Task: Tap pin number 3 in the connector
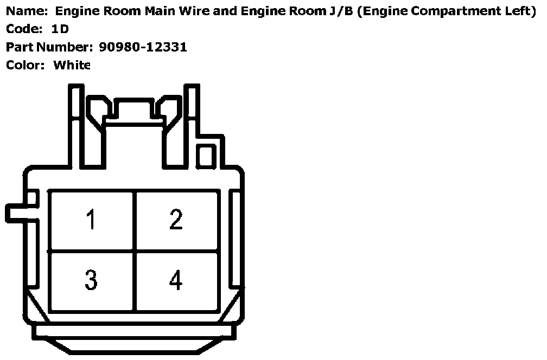pos(91,280)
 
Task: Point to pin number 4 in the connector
pos(176,280)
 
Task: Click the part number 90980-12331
pos(143,47)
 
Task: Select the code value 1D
pos(60,29)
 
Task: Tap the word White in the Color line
pos(72,65)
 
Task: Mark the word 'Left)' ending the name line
pos(521,11)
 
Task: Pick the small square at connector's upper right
pos(206,156)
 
